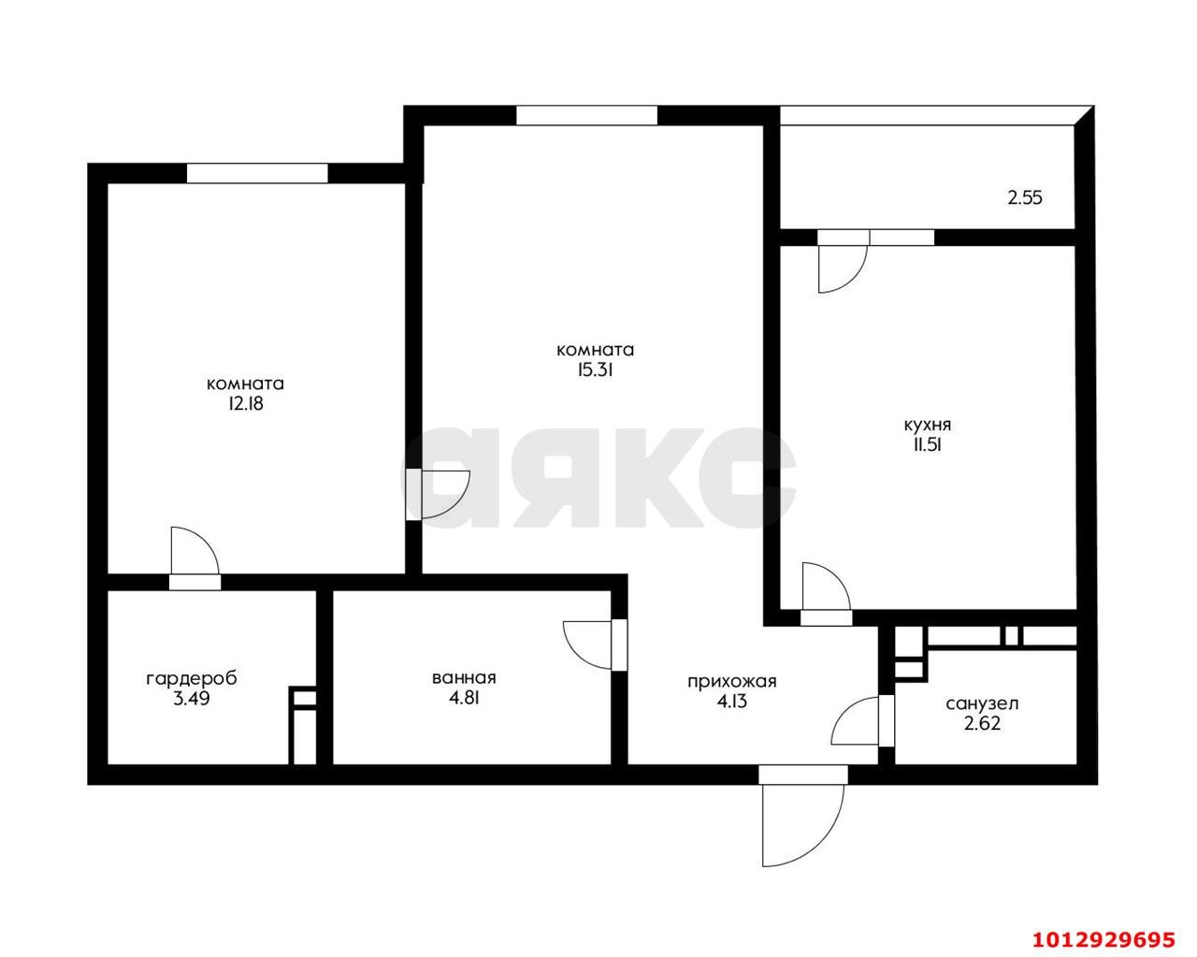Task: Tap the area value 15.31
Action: pyautogui.click(x=595, y=370)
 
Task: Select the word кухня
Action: pyautogui.click(x=928, y=425)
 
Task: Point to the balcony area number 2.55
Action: pyautogui.click(x=1024, y=198)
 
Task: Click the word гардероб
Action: pyautogui.click(x=192, y=678)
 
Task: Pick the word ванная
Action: pyautogui.click(x=464, y=677)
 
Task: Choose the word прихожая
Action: pyautogui.click(x=732, y=681)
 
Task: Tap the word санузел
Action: pyautogui.click(x=982, y=703)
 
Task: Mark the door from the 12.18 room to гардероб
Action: pyautogui.click(x=195, y=556)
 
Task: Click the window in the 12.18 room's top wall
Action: pyautogui.click(x=257, y=173)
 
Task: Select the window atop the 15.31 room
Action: pyautogui.click(x=586, y=115)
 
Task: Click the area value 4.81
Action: pyautogui.click(x=464, y=697)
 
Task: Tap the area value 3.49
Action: pyautogui.click(x=192, y=698)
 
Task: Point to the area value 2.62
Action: pyautogui.click(x=982, y=723)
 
